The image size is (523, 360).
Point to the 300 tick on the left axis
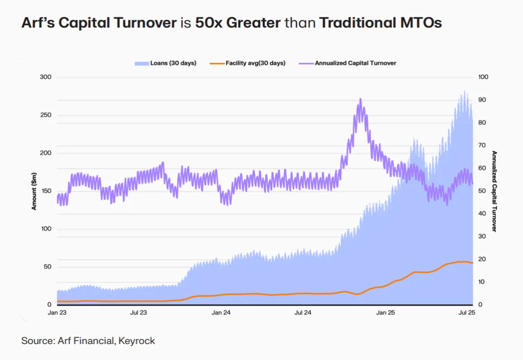(x=45, y=78)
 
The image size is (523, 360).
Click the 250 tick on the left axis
(x=45, y=115)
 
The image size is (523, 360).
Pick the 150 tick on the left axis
(x=45, y=191)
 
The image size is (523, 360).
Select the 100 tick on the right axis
(x=483, y=78)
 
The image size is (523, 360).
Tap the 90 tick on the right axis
(x=482, y=100)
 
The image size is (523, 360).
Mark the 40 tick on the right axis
(x=482, y=214)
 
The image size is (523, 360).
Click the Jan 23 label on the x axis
(x=57, y=313)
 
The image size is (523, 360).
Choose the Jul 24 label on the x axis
(x=303, y=313)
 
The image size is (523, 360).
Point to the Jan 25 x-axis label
(x=385, y=313)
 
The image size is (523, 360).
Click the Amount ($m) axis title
(x=34, y=191)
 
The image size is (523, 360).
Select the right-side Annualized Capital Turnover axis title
(x=494, y=191)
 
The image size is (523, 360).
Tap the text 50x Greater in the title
(x=237, y=23)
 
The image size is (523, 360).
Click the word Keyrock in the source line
(x=138, y=341)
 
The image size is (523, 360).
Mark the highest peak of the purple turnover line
(x=360, y=99)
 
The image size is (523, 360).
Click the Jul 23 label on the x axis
(x=139, y=313)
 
